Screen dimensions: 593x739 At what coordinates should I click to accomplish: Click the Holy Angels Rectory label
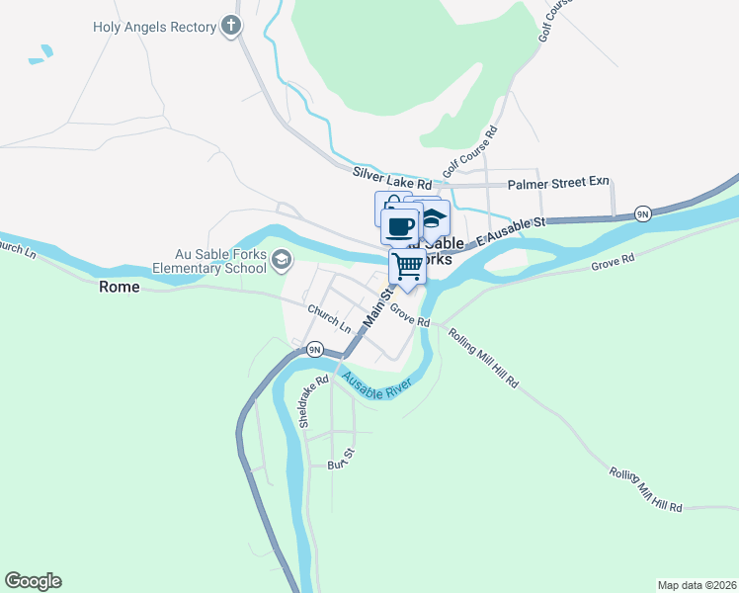coord(154,27)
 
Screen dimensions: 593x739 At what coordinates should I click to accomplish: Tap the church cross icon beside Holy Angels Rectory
coord(231,26)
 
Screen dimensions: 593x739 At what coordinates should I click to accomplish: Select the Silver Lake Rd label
coord(392,178)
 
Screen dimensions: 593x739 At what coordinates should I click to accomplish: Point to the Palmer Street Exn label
coord(558,184)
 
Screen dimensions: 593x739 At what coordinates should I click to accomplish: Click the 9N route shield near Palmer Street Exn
coord(642,213)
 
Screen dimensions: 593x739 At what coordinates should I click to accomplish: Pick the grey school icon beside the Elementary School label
coord(282,259)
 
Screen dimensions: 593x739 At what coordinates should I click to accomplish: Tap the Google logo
coord(33,581)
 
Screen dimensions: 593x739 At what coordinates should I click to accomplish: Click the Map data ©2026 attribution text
coord(697,584)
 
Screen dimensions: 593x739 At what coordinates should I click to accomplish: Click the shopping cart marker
coord(407,266)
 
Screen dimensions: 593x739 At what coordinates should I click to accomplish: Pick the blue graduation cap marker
coord(434,218)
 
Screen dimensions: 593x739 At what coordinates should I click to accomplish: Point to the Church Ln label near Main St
coord(329,317)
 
